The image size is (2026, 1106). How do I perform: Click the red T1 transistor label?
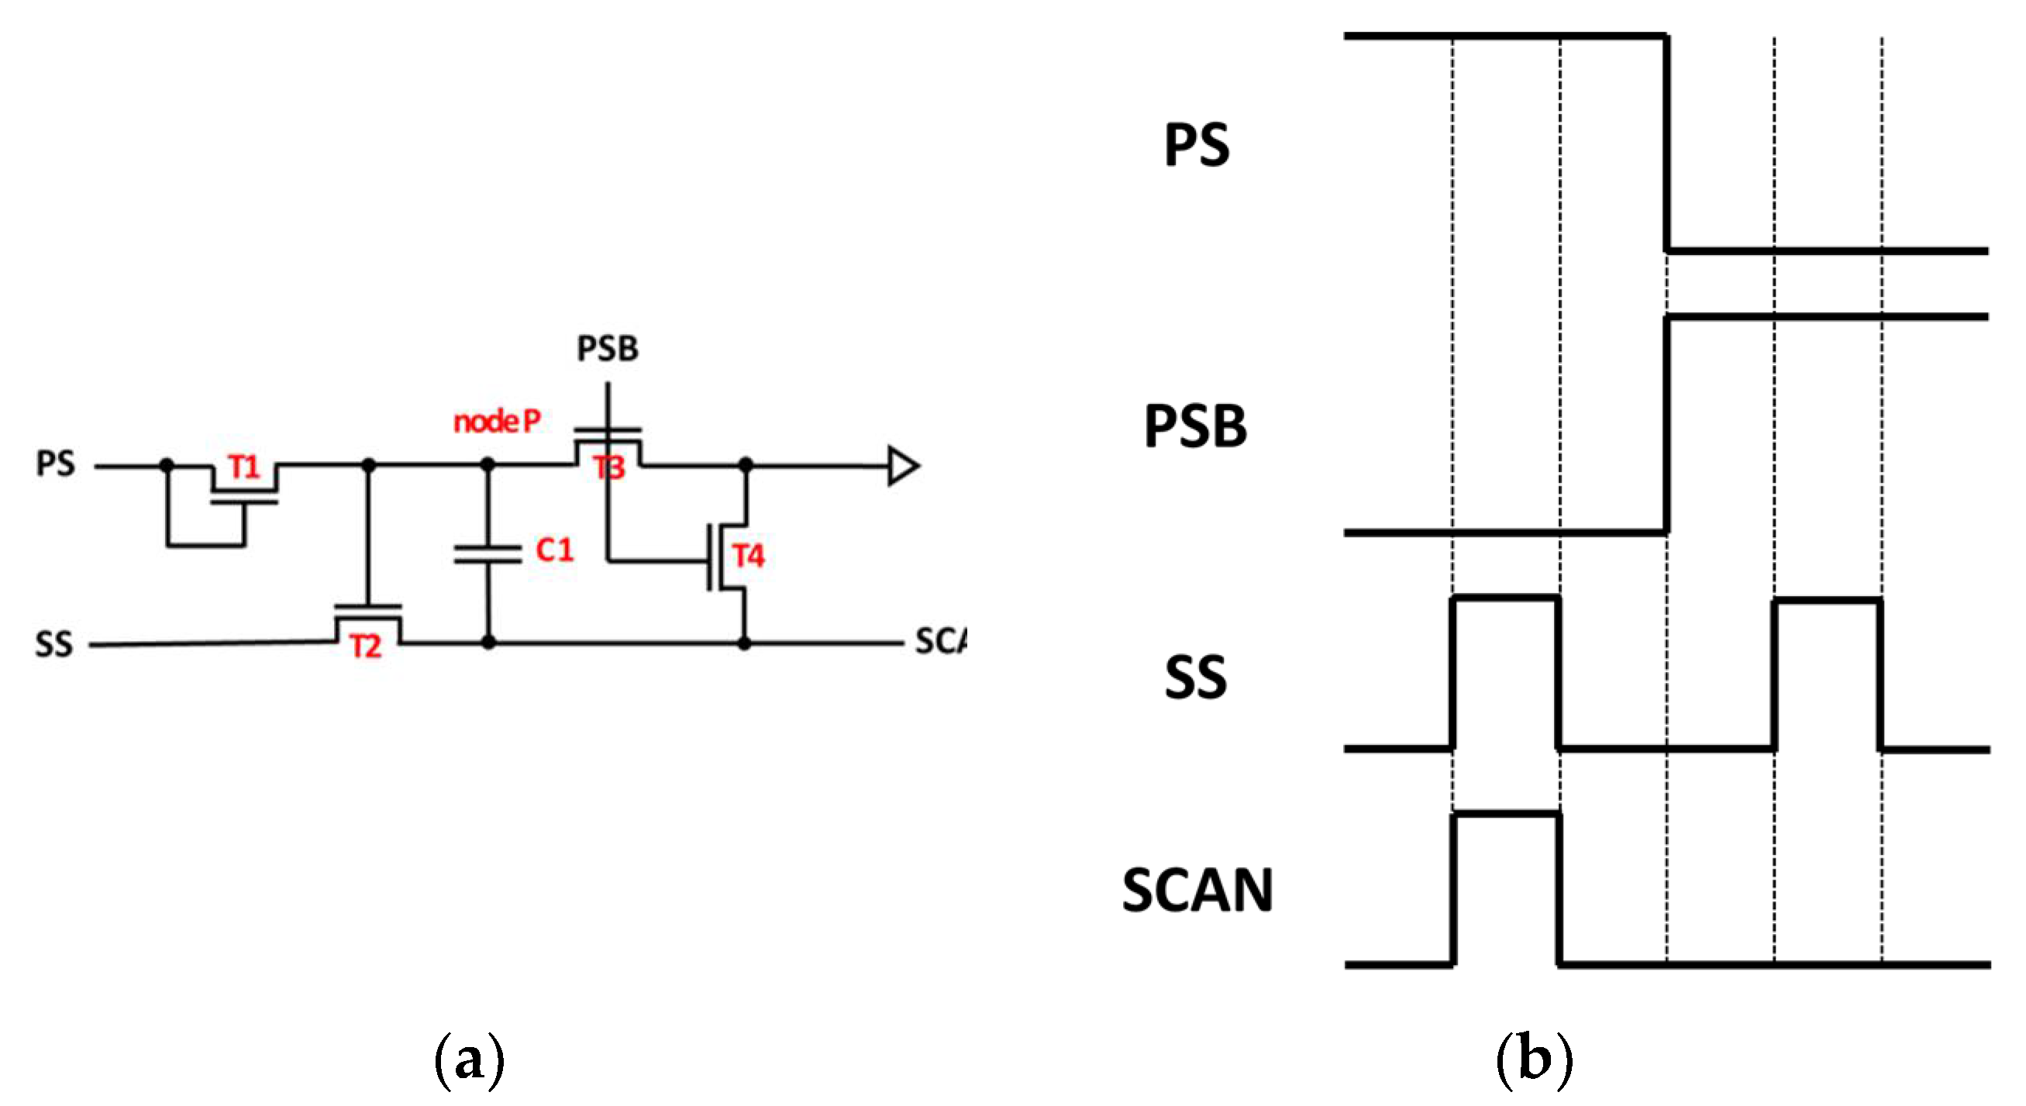click(244, 468)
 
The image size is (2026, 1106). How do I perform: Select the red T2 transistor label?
click(366, 646)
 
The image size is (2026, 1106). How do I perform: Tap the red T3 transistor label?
click(609, 468)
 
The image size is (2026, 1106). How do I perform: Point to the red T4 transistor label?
click(748, 556)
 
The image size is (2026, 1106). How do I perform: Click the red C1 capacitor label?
click(554, 550)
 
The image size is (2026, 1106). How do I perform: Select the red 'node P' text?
click(497, 422)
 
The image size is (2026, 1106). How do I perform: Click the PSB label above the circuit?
click(607, 349)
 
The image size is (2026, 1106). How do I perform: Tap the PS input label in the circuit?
click(55, 463)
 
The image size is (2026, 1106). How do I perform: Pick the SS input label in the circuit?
click(53, 644)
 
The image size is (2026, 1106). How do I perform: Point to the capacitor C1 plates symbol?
click(488, 555)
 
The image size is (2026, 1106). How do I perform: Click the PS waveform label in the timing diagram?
click(1196, 146)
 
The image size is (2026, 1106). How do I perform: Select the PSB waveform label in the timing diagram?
click(1194, 426)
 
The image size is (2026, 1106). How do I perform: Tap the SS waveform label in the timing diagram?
click(1194, 677)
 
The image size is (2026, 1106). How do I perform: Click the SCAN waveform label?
click(1196, 891)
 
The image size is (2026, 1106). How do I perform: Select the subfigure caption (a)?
click(469, 1061)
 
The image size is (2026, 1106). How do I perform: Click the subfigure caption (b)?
click(1534, 1061)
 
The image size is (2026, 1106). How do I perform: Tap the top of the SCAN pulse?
click(1506, 814)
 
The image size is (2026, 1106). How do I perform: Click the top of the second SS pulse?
click(1828, 601)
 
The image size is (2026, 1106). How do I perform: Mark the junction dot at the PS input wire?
click(167, 466)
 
